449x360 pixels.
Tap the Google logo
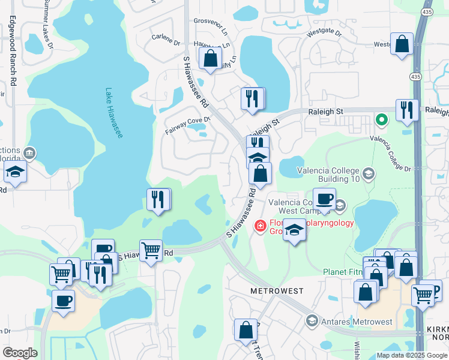(x=20, y=353)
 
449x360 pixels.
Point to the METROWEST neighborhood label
(x=277, y=290)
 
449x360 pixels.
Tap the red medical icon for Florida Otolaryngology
(x=260, y=226)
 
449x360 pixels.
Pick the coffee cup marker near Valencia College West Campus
(x=324, y=199)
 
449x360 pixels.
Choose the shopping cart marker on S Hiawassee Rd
(x=151, y=251)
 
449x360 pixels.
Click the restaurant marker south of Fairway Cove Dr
(x=159, y=200)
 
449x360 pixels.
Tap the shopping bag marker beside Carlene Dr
(x=210, y=59)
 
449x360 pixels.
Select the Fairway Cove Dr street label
(x=188, y=120)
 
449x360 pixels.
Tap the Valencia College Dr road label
(x=391, y=154)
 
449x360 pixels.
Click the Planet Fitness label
(x=343, y=272)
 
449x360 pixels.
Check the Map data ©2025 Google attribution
(x=412, y=355)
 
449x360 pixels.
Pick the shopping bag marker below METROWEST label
(x=246, y=330)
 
